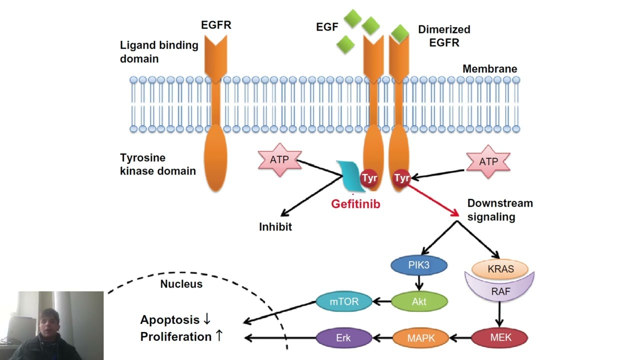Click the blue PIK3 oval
click(x=418, y=265)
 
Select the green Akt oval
click(x=418, y=301)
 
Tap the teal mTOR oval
click(x=344, y=301)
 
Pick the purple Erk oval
click(x=343, y=338)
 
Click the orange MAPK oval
click(x=421, y=338)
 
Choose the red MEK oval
click(x=500, y=338)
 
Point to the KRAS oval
click(x=500, y=269)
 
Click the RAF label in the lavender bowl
click(x=500, y=291)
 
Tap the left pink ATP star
click(x=279, y=160)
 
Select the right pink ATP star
click(x=488, y=161)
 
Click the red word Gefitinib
click(x=355, y=204)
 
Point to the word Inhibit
click(x=275, y=227)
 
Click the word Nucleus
click(x=181, y=284)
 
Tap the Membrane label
click(x=489, y=69)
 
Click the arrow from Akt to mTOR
click(x=382, y=301)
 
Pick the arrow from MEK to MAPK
click(x=460, y=338)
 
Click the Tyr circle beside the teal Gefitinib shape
click(x=369, y=178)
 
